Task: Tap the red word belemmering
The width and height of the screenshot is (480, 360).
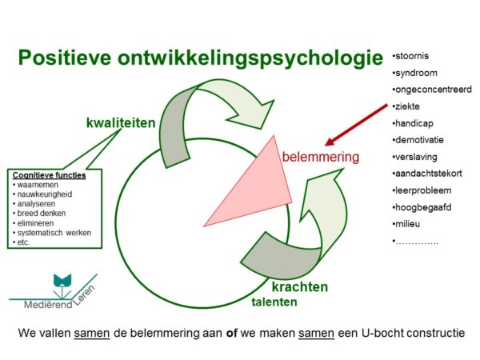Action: point(320,158)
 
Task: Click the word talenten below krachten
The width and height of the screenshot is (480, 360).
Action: point(274,302)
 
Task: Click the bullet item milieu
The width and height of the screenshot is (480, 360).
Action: point(412,223)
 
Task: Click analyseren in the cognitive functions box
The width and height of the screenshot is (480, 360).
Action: point(38,203)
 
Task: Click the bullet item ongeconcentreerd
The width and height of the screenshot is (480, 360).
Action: point(432,89)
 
